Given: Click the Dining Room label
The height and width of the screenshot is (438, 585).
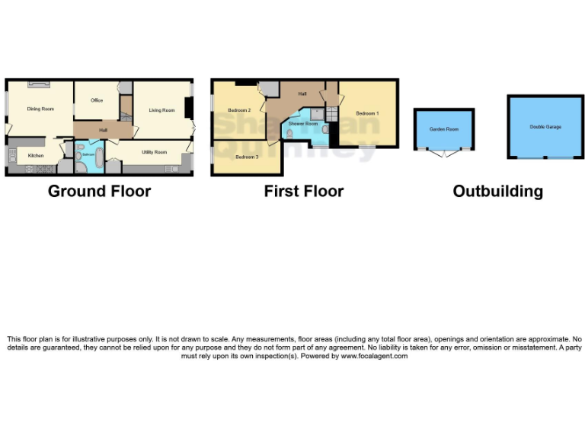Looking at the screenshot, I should pos(40,109).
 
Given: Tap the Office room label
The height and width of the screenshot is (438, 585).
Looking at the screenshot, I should pos(97,100).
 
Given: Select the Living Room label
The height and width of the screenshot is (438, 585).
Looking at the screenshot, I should pos(161,110).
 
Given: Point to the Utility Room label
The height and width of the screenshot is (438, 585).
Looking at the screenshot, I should pos(154,152).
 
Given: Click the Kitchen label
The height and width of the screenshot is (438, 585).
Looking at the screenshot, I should pos(36,155).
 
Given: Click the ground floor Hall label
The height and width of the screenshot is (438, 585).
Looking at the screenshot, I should pos(102,130).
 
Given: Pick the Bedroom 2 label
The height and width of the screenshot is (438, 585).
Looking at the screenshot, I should pos(239,110).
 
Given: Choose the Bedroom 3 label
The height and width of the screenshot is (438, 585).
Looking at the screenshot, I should pos(246,157).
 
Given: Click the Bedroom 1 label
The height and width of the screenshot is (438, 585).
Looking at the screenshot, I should pos(367,113).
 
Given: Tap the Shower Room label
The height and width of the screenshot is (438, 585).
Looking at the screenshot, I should pos(302,123).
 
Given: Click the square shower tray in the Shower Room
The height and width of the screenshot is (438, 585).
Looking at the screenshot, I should pos(316,114).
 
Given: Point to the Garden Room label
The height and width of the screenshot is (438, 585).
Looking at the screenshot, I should pos(444,129).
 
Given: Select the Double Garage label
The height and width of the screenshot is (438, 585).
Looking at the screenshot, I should pos(545,126).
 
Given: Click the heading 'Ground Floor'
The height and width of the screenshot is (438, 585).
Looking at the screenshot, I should pos(99,191).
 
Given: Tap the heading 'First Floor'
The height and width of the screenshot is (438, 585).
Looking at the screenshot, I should pos(304,191).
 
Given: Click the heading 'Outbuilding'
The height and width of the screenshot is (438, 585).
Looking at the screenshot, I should pos(497,191).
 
